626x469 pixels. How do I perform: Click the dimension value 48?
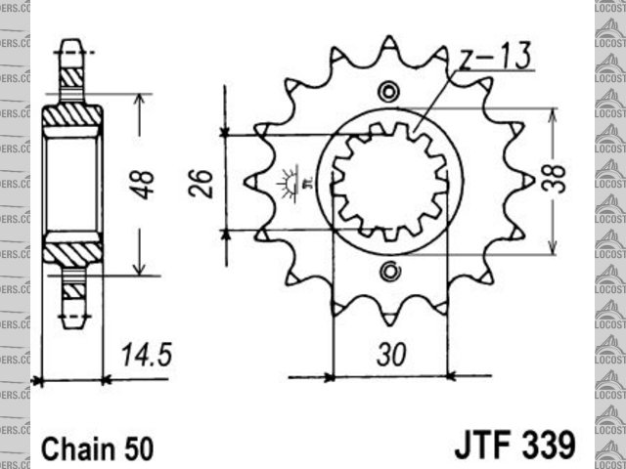click(145, 185)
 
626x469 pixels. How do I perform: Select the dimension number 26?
click(202, 183)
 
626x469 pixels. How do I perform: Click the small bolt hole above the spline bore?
click(390, 93)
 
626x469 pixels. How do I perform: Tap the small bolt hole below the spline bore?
click(390, 270)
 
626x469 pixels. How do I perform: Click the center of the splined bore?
click(390, 182)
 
